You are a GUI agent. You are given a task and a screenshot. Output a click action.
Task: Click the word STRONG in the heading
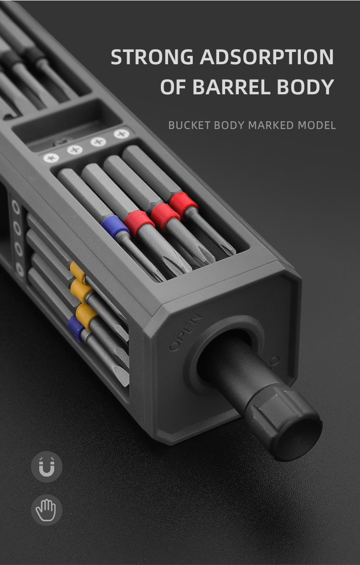pyautogui.click(x=152, y=56)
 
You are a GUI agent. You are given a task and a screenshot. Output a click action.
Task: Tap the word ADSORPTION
pyautogui.click(x=267, y=56)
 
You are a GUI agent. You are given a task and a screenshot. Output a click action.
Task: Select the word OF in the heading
pyautogui.click(x=173, y=87)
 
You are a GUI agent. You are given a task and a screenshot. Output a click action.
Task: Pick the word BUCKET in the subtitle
pyautogui.click(x=190, y=125)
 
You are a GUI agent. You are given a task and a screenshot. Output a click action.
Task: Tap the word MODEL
pyautogui.click(x=317, y=125)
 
